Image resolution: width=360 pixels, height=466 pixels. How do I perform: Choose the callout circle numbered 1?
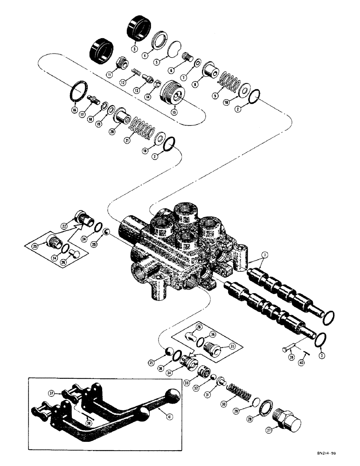click(264, 255)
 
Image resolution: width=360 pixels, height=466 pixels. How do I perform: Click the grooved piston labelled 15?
click(172, 96)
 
